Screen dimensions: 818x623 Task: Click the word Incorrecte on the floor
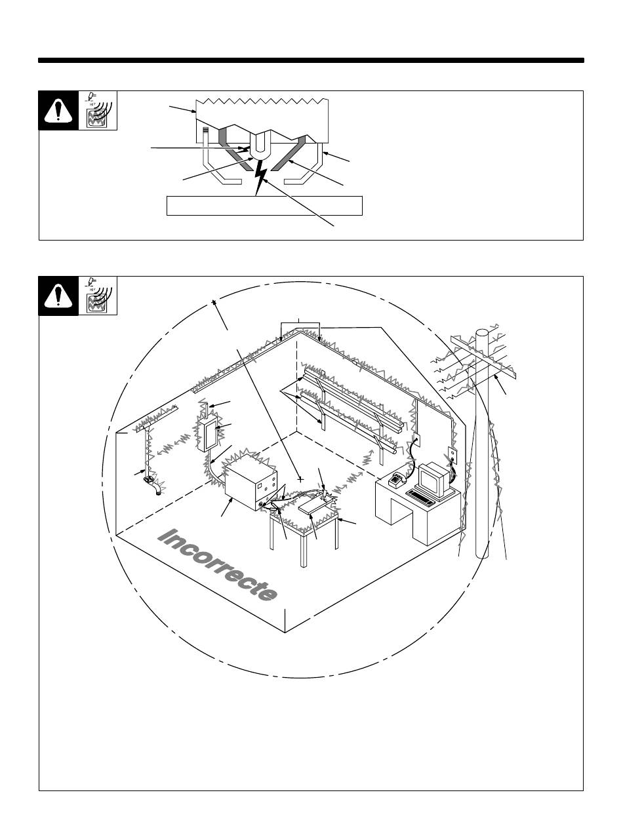pyautogui.click(x=216, y=564)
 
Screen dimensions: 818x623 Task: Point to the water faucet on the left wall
pyautogui.click(x=153, y=486)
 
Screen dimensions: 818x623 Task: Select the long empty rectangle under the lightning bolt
pyautogui.click(x=264, y=205)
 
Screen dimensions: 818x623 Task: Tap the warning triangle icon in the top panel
pyautogui.click(x=58, y=111)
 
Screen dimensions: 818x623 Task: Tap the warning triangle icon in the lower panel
pyautogui.click(x=58, y=296)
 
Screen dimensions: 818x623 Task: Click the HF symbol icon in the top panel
pyautogui.click(x=97, y=111)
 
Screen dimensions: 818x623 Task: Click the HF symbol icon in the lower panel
pyautogui.click(x=97, y=296)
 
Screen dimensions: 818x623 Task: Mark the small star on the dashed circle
pyautogui.click(x=214, y=303)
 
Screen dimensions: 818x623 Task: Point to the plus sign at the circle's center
pyautogui.click(x=301, y=479)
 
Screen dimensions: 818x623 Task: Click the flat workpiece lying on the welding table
pyautogui.click(x=315, y=508)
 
